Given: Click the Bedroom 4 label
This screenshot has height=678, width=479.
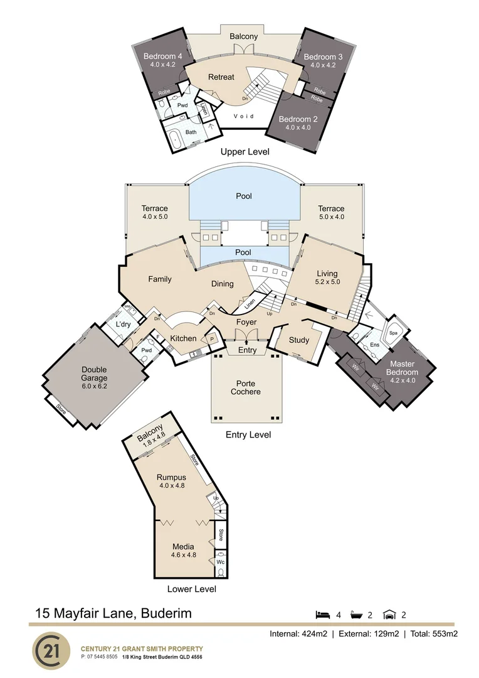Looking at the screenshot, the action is [x=163, y=56].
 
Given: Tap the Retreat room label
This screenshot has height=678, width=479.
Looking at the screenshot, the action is [x=221, y=77].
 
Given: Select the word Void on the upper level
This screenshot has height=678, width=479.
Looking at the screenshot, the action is [x=244, y=116].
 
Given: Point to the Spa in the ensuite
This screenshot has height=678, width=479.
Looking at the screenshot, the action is [x=394, y=333].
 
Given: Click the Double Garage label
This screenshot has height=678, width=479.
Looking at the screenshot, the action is [x=94, y=374].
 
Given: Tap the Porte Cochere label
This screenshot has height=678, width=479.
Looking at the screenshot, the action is [x=246, y=387].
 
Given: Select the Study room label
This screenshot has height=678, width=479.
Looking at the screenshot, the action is [x=299, y=340].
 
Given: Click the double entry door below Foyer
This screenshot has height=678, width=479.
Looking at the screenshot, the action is [x=246, y=335].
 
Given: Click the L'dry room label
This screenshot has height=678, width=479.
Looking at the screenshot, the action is [x=123, y=324].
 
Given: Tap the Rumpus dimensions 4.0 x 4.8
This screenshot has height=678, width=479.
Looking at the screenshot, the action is [x=172, y=485].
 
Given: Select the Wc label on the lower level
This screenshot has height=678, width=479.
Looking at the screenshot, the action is [x=220, y=562].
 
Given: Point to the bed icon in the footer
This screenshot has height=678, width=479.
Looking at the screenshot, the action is [x=322, y=615].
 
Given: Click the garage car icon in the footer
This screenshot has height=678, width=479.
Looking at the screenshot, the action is [x=389, y=615].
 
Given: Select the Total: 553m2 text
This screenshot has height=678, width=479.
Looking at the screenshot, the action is [x=434, y=634].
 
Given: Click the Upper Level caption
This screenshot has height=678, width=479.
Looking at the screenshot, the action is [x=245, y=152].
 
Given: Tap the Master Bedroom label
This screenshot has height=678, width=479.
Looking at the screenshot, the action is [x=402, y=368].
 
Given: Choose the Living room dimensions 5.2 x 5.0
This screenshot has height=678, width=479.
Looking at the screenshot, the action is [x=328, y=281].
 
